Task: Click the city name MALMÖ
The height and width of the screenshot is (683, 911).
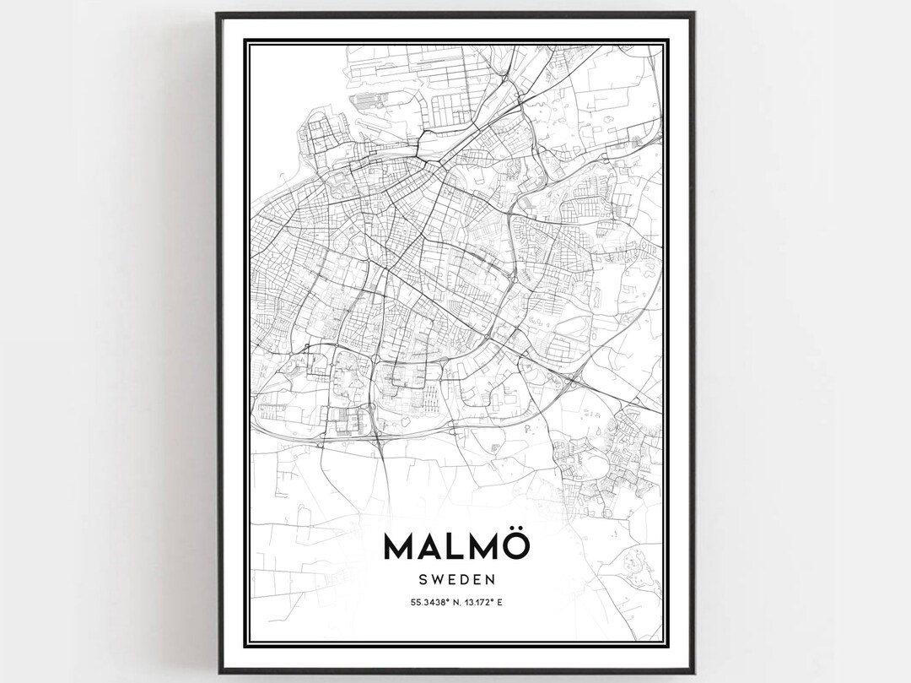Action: pyautogui.click(x=457, y=545)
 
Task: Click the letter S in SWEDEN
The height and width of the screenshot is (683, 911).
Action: pyautogui.click(x=423, y=581)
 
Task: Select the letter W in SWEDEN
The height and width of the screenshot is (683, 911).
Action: pyautogui.click(x=436, y=581)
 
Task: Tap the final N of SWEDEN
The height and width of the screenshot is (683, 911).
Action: pyautogui.click(x=492, y=581)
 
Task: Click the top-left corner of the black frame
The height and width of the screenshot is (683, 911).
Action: pyautogui.click(x=218, y=14)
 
